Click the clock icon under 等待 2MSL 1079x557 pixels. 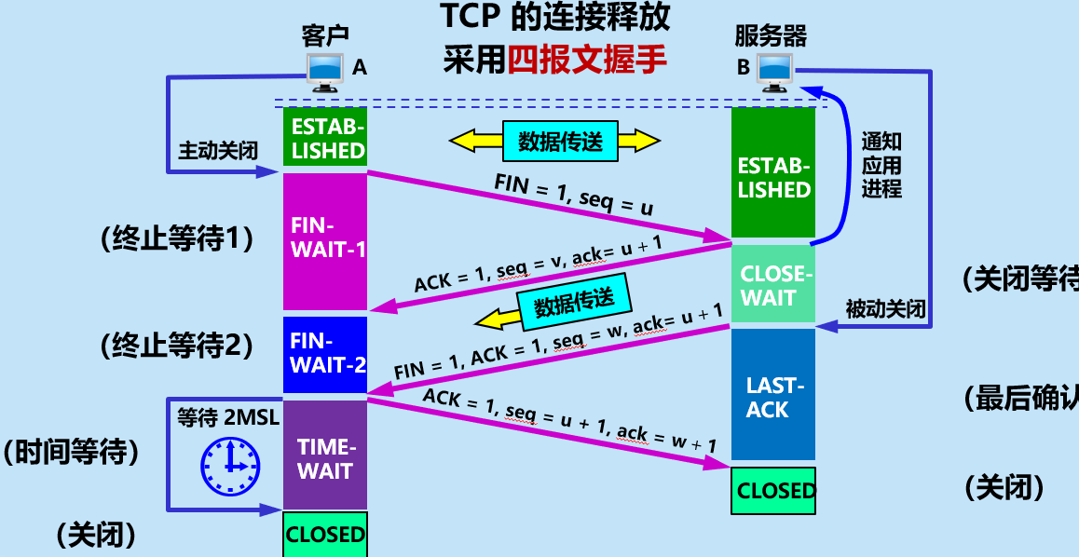coord(229,465)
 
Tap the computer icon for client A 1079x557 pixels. coord(325,70)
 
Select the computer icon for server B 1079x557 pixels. coord(774,71)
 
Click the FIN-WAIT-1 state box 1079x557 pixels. coord(325,240)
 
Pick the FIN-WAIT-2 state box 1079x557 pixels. coord(325,354)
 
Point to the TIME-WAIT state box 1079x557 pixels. coord(325,455)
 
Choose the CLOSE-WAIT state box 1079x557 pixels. coord(773,285)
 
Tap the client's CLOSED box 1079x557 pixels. coord(325,535)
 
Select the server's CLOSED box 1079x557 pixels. coord(774,491)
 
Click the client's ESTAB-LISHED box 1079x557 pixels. coord(325,138)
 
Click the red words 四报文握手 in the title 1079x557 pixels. coord(587,60)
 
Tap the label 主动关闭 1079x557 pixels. coord(217,150)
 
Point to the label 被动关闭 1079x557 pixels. coord(885,308)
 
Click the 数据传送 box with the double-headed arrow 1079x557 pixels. coord(555,141)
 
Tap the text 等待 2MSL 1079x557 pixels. coord(227,416)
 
